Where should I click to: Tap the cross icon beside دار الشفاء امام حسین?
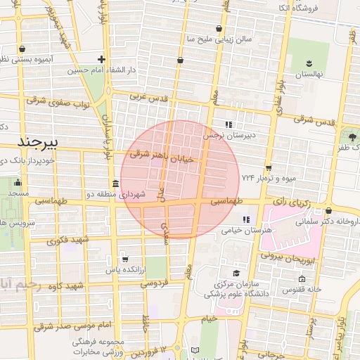pyautogui.click(x=103, y=60)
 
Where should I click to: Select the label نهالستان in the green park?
pyautogui.click(x=307, y=74)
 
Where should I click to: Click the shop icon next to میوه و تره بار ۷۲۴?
pyautogui.click(x=268, y=168)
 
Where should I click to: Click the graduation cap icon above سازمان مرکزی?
pyautogui.click(x=236, y=274)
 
